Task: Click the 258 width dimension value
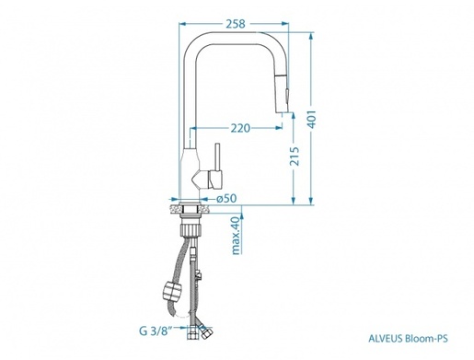[x=236, y=24]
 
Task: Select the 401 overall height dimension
[x=312, y=119]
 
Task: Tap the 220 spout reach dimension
[x=240, y=128]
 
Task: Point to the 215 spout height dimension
[x=295, y=157]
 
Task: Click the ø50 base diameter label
[x=226, y=199]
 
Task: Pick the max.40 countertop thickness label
[x=236, y=236]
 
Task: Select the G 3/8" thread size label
[x=156, y=331]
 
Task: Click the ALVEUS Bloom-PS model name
[x=408, y=339]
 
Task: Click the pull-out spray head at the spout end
[x=282, y=94]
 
